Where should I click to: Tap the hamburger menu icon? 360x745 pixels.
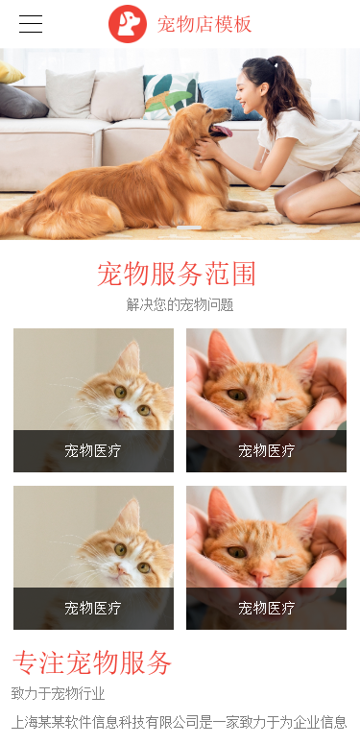[x=31, y=24]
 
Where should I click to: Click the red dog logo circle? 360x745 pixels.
[x=128, y=24]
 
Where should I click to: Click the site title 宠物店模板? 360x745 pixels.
[x=204, y=24]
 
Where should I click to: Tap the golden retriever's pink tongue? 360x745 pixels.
[x=223, y=131]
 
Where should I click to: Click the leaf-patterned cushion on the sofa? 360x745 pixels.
[x=170, y=96]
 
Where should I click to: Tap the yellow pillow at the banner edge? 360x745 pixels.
[x=11, y=72]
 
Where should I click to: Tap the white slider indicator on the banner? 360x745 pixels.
[x=189, y=228]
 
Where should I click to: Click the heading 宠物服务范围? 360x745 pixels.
[x=177, y=274]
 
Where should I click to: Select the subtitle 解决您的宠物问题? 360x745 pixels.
[x=180, y=304]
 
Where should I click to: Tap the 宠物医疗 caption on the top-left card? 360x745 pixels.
[x=93, y=450]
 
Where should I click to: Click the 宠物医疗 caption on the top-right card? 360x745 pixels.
[x=267, y=450]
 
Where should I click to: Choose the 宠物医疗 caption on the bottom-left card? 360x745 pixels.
[x=93, y=608]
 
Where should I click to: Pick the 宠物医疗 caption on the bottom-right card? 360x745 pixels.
[x=267, y=608]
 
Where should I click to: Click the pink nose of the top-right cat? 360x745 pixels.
[x=259, y=419]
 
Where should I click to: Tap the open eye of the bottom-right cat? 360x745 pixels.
[x=236, y=552]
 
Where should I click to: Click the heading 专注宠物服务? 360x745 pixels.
[x=91, y=662]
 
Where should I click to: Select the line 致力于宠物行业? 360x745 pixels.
[x=58, y=694]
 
